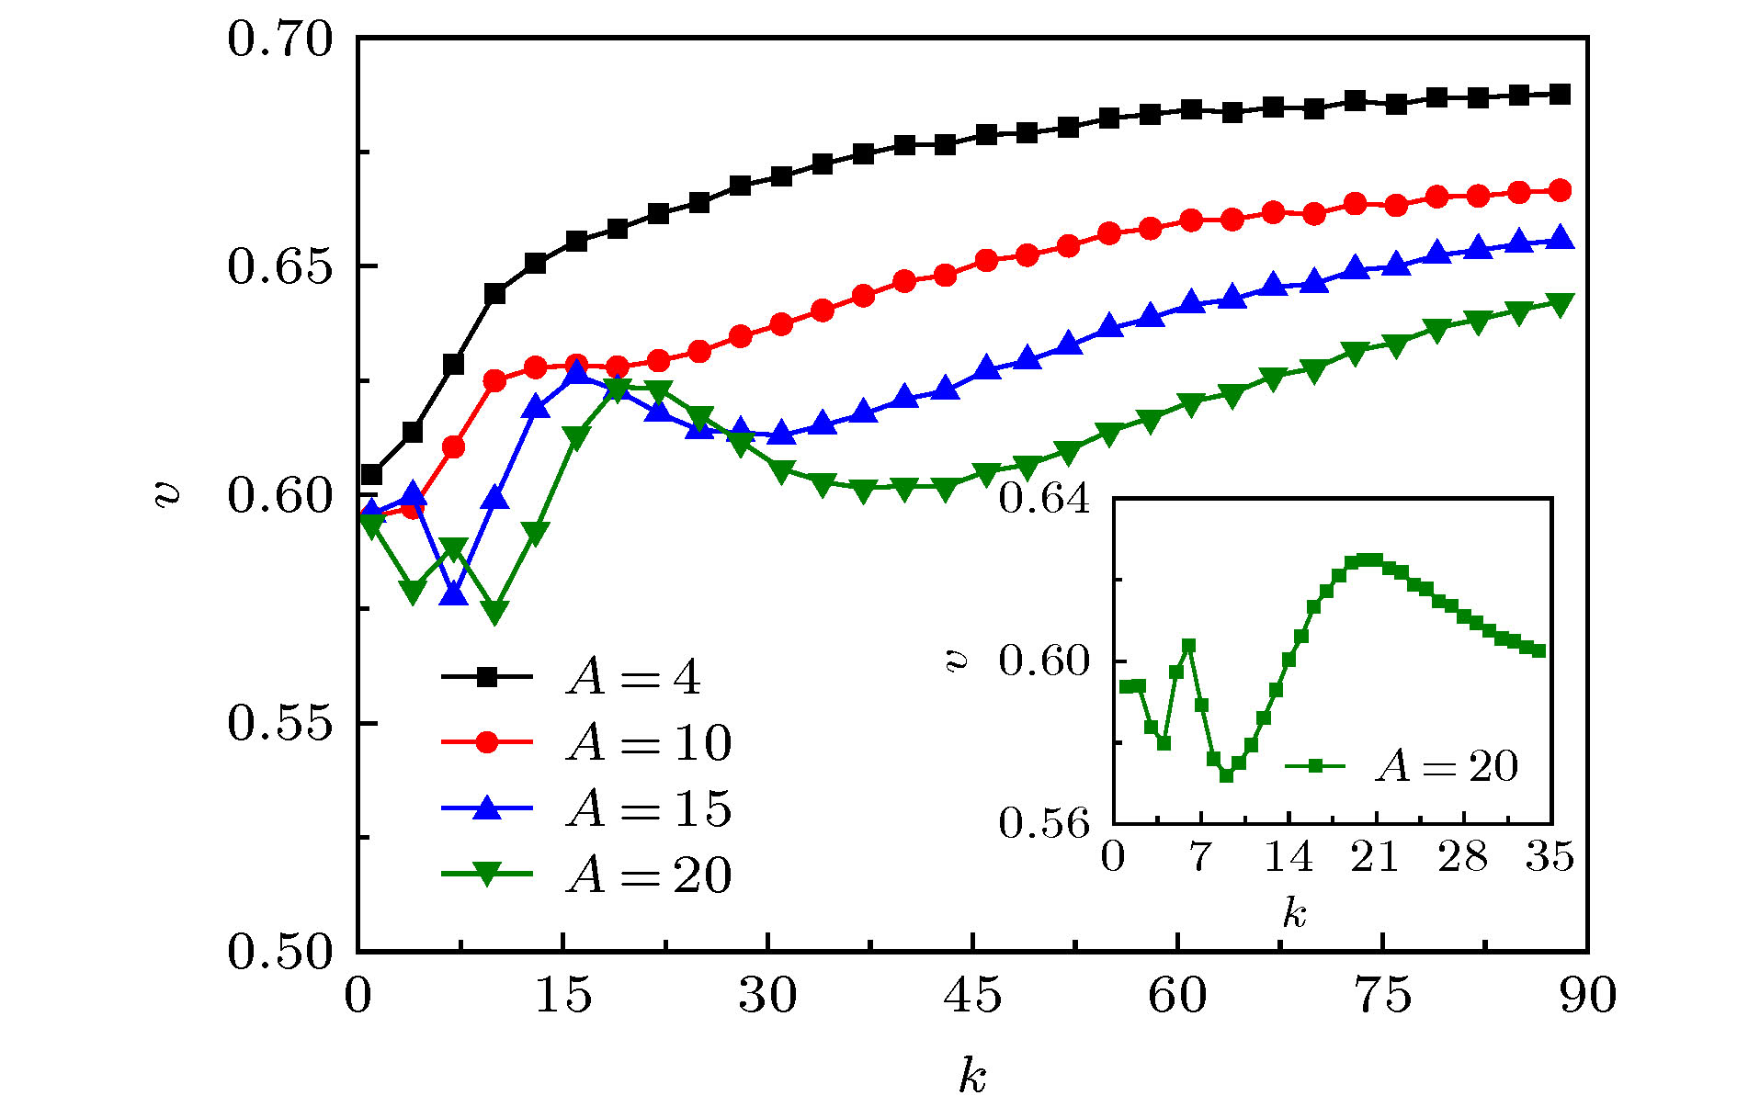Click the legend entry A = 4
click(633, 678)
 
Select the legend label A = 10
click(649, 742)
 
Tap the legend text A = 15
click(649, 808)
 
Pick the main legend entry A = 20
click(649, 875)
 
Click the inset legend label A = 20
click(1446, 766)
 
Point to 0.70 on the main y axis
click(278, 40)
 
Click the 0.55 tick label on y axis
click(278, 724)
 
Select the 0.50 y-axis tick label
click(278, 952)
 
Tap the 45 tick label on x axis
click(972, 995)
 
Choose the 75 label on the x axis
click(1382, 995)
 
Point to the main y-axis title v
click(168, 495)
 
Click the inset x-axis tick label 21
click(1375, 857)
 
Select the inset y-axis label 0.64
click(1044, 499)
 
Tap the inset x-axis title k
click(1294, 913)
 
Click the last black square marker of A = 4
click(1560, 94)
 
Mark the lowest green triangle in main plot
click(494, 613)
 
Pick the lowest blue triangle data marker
click(454, 594)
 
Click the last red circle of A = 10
click(1560, 190)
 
